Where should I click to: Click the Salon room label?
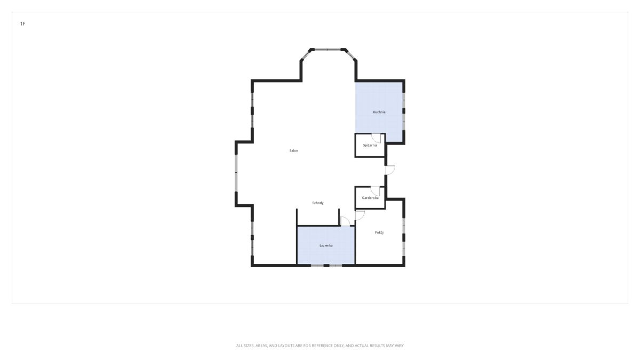tap(293, 150)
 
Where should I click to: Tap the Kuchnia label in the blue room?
tap(379, 112)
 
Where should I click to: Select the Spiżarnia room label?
tap(370, 146)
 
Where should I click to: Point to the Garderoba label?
tap(370, 198)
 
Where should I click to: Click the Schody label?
tap(318, 203)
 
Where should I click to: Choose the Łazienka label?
tap(326, 245)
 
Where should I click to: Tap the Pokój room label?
tap(379, 233)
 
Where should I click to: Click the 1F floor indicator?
tap(23, 23)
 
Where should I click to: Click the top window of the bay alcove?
tap(327, 50)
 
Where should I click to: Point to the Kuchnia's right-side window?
tap(404, 111)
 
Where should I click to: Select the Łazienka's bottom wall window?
tap(326, 266)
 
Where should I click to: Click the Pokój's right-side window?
tap(404, 237)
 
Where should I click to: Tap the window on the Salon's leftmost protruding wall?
tap(236, 173)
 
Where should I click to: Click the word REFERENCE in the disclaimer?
tap(324, 346)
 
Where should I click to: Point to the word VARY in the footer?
tap(399, 346)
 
